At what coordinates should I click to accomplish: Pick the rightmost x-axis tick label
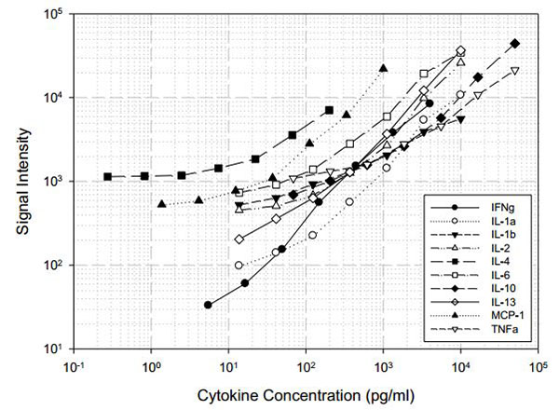tap(537, 366)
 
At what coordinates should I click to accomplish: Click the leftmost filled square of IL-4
tap(108, 176)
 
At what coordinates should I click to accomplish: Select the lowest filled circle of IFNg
tap(208, 305)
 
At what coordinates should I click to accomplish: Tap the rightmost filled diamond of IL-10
tap(515, 44)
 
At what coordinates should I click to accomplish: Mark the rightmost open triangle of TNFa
tap(514, 71)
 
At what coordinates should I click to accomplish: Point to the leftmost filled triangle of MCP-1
tap(162, 204)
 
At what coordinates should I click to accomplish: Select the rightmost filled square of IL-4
tap(329, 110)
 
